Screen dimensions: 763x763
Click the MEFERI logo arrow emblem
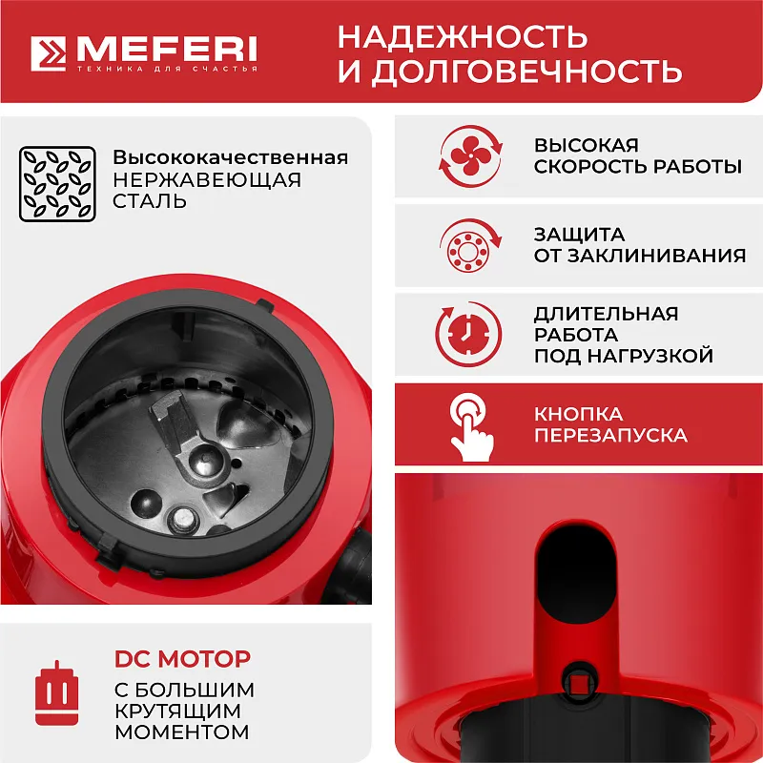(x=49, y=55)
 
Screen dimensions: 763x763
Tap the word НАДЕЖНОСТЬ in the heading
(x=463, y=37)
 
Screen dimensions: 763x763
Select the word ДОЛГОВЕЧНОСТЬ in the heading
(x=526, y=72)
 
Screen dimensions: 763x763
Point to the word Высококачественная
(x=230, y=157)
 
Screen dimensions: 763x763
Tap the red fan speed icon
(x=469, y=156)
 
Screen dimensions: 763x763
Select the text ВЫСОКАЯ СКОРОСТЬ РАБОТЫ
(x=637, y=156)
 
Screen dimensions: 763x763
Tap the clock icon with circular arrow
(x=469, y=334)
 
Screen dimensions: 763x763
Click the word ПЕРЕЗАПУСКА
(x=610, y=435)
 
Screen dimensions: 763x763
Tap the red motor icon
(x=56, y=690)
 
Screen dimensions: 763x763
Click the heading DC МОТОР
(x=182, y=659)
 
